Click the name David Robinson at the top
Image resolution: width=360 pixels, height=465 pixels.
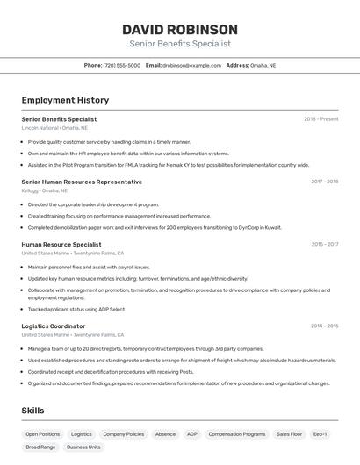coord(180,30)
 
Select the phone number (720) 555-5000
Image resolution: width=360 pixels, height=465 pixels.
coord(121,65)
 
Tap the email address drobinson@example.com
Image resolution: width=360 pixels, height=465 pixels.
coord(191,65)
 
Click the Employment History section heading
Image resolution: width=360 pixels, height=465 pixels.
coord(65,101)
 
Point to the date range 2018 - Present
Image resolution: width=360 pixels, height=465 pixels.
coord(320,119)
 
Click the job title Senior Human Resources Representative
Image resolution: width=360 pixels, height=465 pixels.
coord(82,182)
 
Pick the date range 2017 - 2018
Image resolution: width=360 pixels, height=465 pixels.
coord(324,182)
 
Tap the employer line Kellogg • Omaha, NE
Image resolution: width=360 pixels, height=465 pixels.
coord(44,190)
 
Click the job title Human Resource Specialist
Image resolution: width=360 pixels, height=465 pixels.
coord(61,245)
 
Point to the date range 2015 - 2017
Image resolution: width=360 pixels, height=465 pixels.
coord(324,245)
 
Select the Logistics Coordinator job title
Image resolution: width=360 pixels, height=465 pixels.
coord(54,325)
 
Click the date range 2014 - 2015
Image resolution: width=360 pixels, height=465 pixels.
coord(324,325)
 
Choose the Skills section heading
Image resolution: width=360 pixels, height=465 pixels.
coord(33,411)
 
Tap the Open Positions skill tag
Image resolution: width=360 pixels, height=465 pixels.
coord(43,433)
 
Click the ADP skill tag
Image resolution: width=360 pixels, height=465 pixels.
coord(192,433)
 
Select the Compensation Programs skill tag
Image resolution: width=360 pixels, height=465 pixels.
coord(237,433)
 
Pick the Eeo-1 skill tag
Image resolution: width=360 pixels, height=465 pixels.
coord(320,433)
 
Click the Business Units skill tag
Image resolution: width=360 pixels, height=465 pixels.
coord(83,447)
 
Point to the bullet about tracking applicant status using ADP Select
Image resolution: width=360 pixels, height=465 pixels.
coord(76,309)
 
